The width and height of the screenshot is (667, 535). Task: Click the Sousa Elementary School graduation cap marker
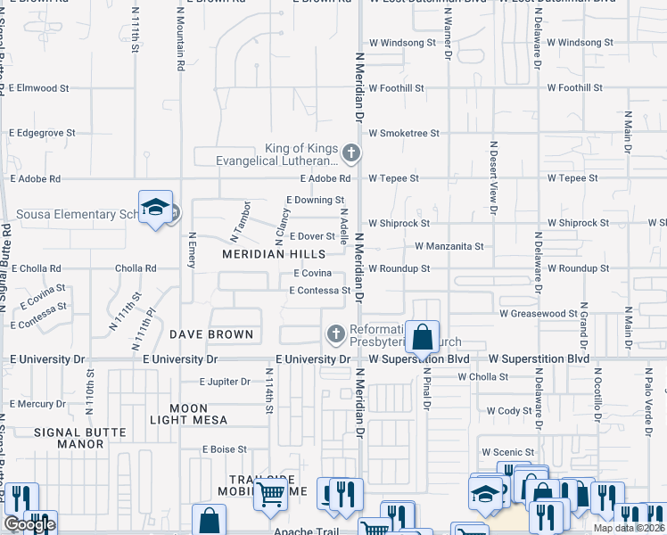[155, 207]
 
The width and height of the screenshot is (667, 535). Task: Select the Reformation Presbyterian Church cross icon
[335, 333]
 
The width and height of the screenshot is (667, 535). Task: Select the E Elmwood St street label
[39, 88]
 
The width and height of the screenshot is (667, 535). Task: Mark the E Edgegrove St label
[43, 133]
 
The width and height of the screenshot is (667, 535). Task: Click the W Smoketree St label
[404, 133]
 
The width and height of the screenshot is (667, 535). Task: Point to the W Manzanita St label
[449, 246]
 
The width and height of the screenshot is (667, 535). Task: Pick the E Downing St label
[315, 201]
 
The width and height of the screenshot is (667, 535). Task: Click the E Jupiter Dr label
[225, 382]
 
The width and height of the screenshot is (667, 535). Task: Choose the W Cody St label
[510, 411]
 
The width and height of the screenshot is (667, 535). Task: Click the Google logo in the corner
[29, 524]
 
